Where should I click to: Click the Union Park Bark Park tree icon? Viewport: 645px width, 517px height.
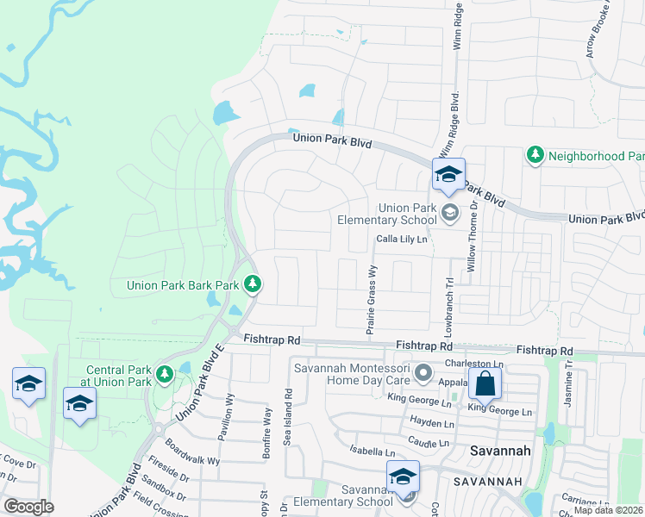[x=252, y=283]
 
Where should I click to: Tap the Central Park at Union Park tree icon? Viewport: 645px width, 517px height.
[x=165, y=374]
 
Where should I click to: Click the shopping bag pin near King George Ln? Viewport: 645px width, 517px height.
[x=485, y=383]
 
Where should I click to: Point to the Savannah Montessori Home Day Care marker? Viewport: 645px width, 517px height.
[x=423, y=373]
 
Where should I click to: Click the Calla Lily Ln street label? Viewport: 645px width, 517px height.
[x=401, y=240]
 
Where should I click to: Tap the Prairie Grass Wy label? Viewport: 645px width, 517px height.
[x=373, y=296]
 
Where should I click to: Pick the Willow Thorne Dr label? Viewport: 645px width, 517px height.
[x=472, y=236]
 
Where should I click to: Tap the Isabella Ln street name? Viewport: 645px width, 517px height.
[x=372, y=452]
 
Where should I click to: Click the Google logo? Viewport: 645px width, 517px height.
[x=28, y=507]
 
